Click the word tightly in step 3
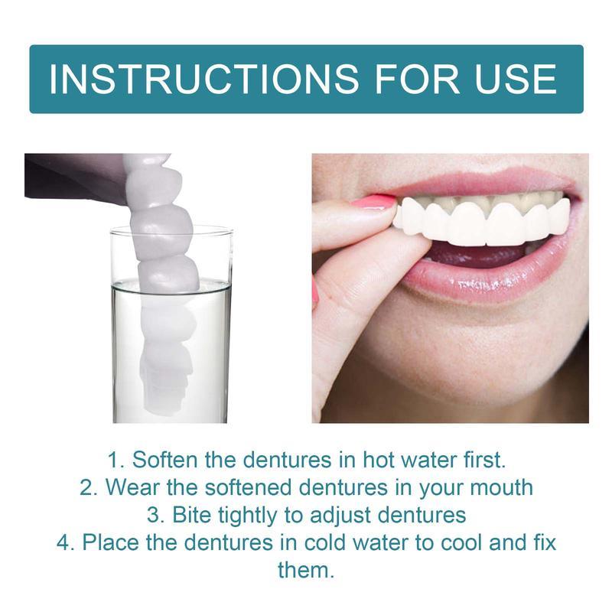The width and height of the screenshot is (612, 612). point(249,515)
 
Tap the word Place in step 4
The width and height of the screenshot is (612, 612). point(108,542)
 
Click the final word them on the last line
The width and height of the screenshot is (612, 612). point(305,570)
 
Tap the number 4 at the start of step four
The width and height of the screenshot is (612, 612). point(63,542)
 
